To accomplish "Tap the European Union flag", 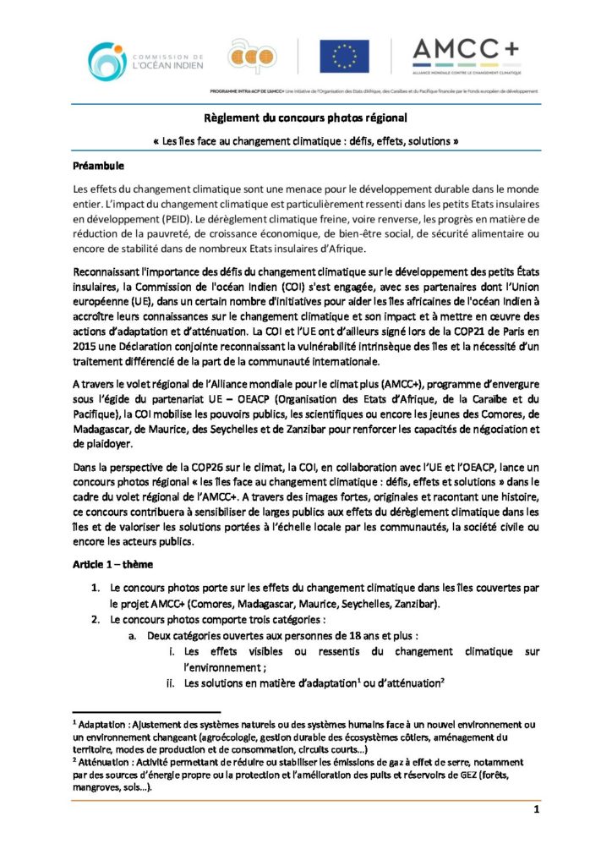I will click(x=343, y=57).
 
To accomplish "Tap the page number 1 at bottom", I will click(x=537, y=810).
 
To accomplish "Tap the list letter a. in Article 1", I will click(x=134, y=635).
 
